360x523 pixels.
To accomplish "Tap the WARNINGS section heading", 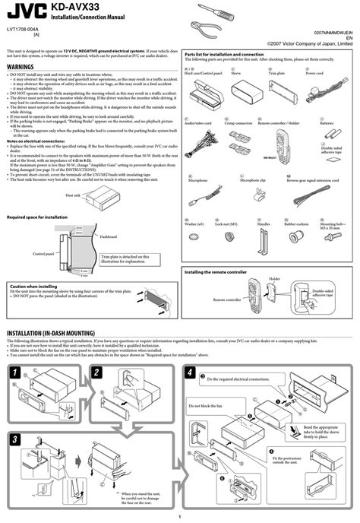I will tap(24, 67).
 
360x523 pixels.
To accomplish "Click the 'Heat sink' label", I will tap(73, 195).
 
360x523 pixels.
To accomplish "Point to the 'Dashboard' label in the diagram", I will tap(111, 236).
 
